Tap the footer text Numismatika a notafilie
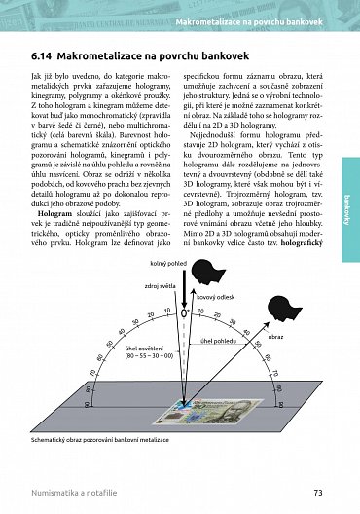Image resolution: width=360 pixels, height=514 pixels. pos(79,493)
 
